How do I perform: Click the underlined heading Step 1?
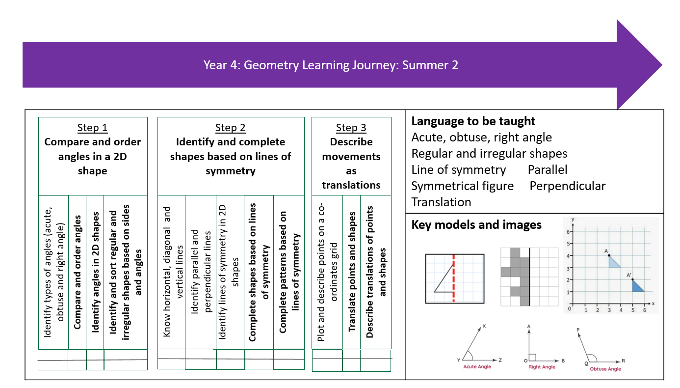(92, 128)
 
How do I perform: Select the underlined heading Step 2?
(231, 128)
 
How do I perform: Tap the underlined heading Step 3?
(351, 128)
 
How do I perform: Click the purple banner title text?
(331, 65)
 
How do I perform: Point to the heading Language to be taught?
(473, 121)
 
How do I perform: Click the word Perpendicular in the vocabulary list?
(567, 186)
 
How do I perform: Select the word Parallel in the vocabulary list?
(548, 169)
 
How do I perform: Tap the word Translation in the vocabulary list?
(441, 202)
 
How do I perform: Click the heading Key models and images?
(476, 225)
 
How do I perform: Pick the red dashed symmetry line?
(453, 278)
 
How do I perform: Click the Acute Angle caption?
(477, 367)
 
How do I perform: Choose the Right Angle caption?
(542, 367)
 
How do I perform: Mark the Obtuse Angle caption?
(605, 369)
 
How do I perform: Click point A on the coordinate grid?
(609, 255)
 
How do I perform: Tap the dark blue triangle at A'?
(637, 286)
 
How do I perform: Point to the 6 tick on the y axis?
(568, 231)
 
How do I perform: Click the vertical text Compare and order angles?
(78, 272)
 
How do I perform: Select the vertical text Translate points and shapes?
(352, 272)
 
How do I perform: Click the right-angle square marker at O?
(532, 358)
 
